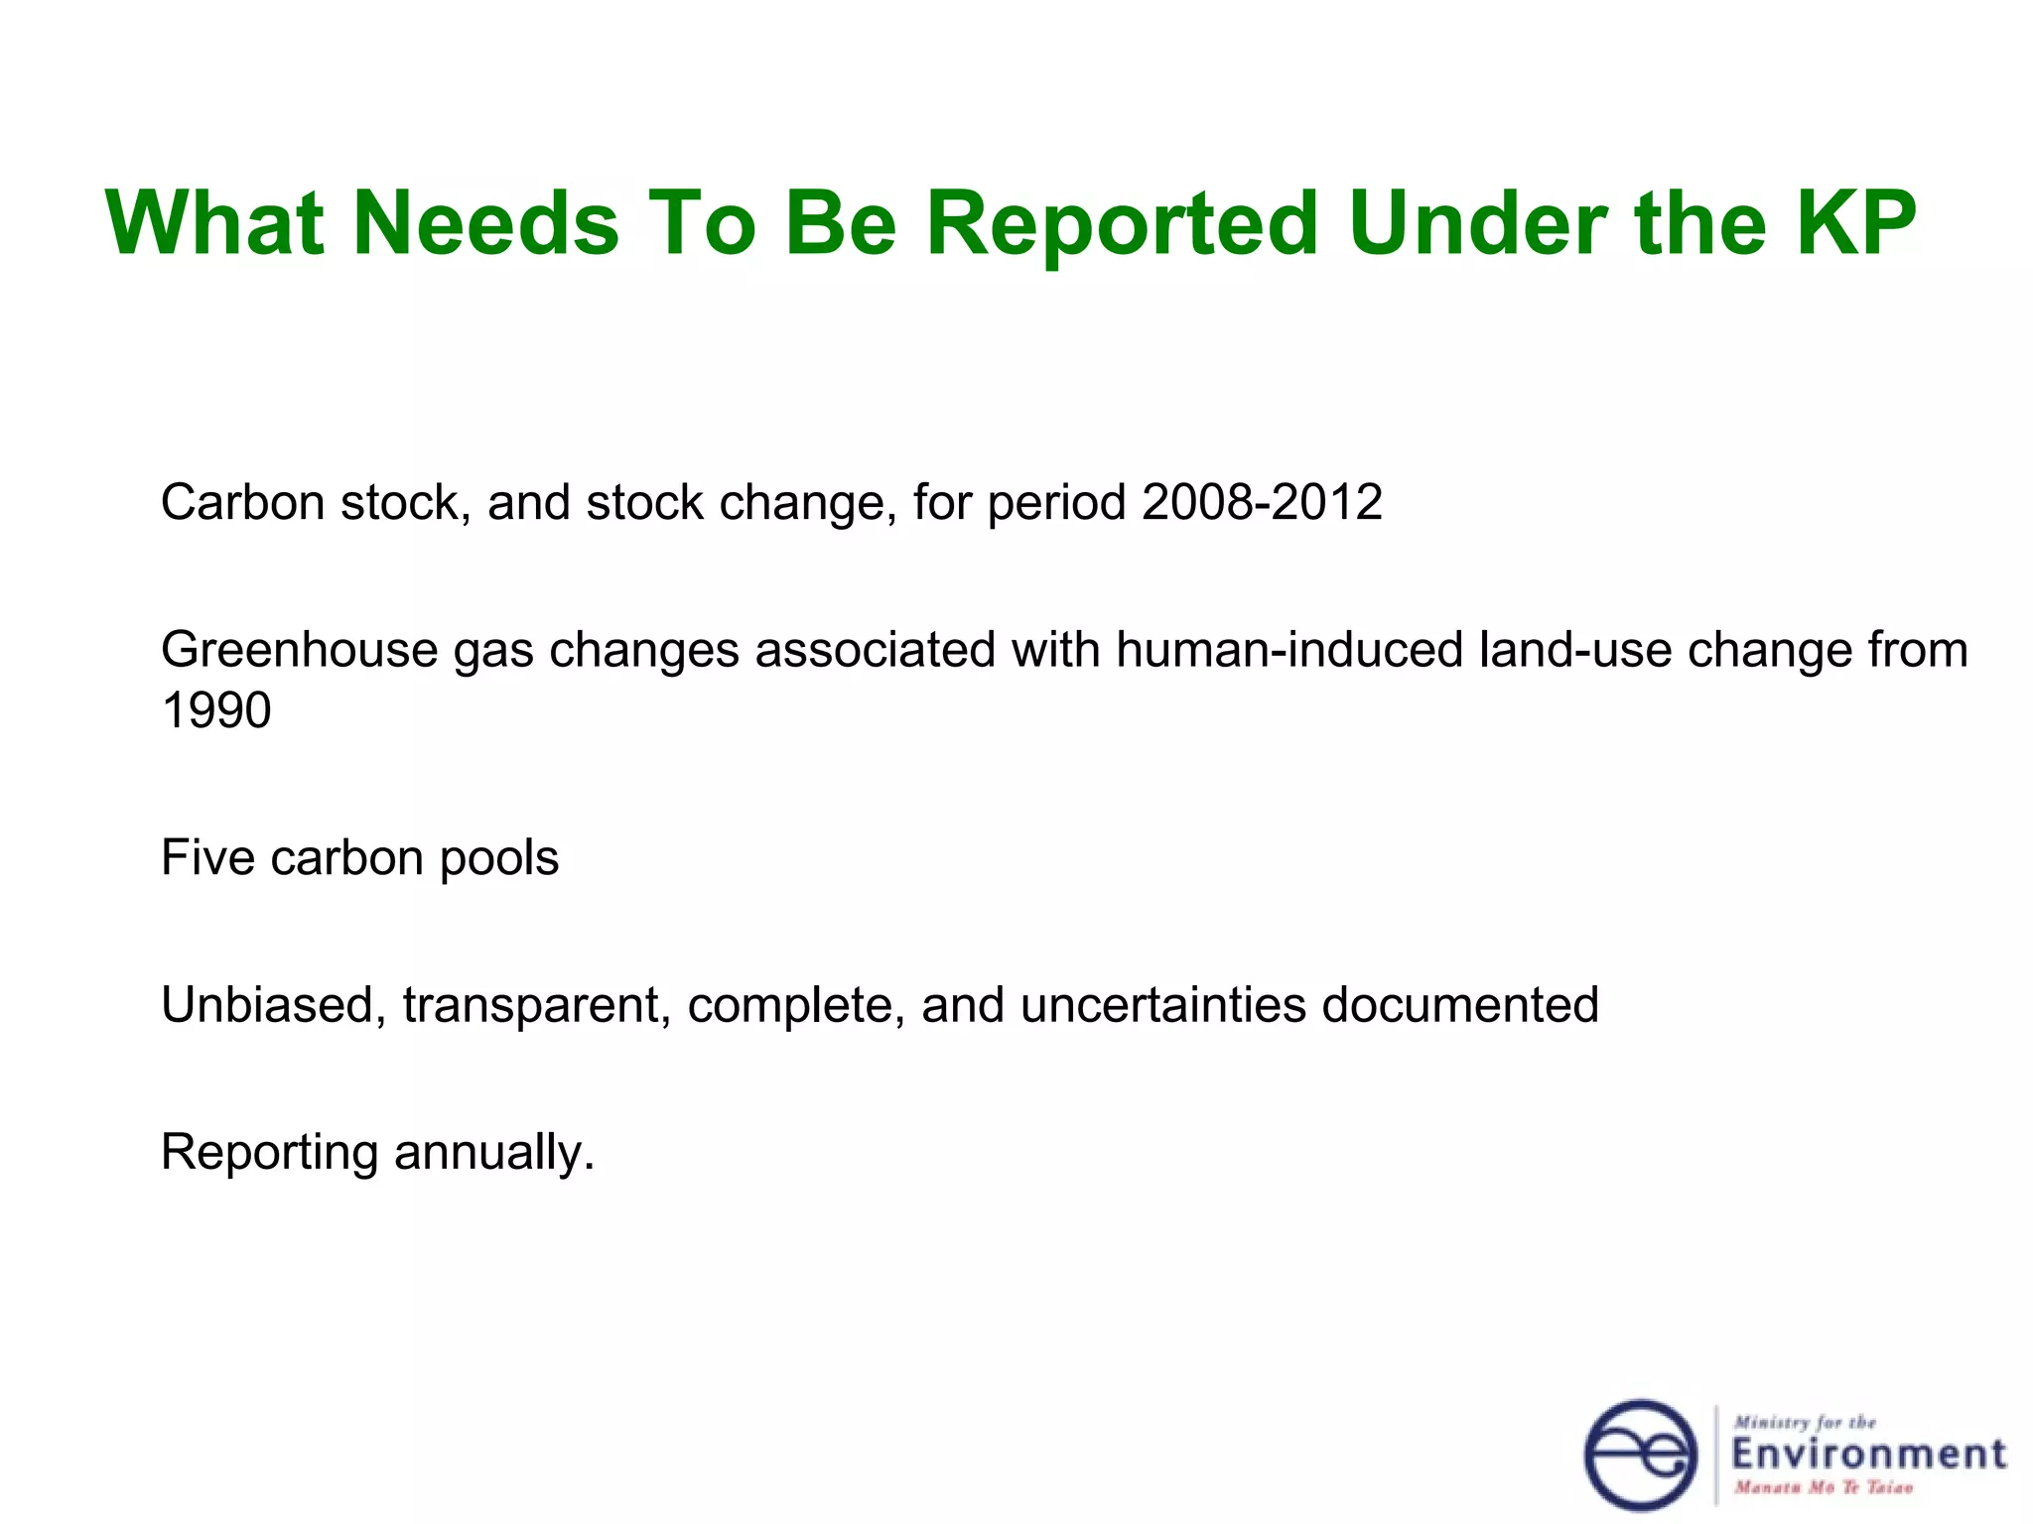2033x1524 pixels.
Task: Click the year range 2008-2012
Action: pyautogui.click(x=1262, y=502)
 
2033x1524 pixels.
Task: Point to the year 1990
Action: pyautogui.click(x=215, y=710)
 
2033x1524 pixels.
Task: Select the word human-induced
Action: pyautogui.click(x=1288, y=651)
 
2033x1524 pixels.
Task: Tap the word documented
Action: pyautogui.click(x=1460, y=1004)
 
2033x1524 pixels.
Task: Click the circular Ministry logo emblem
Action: pyautogui.click(x=1641, y=1455)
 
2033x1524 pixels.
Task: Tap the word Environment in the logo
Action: pyautogui.click(x=1868, y=1455)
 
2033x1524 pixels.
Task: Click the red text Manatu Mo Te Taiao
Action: pyautogui.click(x=1823, y=1487)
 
